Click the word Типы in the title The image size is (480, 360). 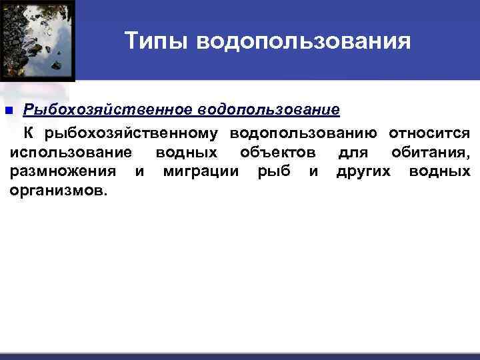[155, 42]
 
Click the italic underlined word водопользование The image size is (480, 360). [268, 109]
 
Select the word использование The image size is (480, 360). [71, 153]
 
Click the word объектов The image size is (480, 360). [278, 153]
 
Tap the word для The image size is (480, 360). [353, 153]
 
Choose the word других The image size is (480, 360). [365, 172]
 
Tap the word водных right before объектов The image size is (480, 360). [186, 153]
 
